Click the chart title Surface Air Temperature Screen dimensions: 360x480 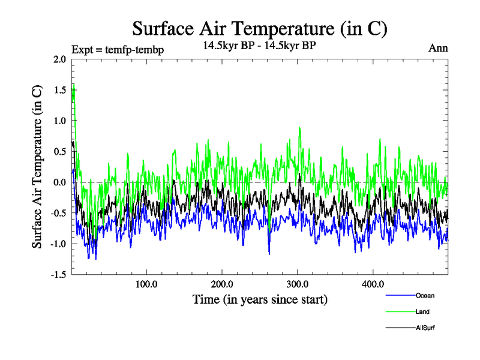coord(260,28)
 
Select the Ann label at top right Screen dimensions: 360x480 coord(438,48)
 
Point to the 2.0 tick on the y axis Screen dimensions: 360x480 coord(59,59)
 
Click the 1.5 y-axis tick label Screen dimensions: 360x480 coord(59,90)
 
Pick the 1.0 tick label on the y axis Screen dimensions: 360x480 coord(59,121)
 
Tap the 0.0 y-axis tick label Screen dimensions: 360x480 coord(59,182)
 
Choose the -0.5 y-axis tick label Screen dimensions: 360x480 coord(58,213)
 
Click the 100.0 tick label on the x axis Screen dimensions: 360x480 coord(146,283)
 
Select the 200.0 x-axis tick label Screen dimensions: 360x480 coord(222,283)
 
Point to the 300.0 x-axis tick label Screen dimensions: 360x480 coord(298,283)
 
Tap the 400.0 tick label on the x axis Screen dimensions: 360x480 coord(373,283)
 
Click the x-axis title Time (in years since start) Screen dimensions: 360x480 coord(260,298)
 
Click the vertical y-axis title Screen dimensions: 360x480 coord(37,167)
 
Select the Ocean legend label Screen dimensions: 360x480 coord(425,295)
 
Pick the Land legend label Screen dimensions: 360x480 coord(422,311)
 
